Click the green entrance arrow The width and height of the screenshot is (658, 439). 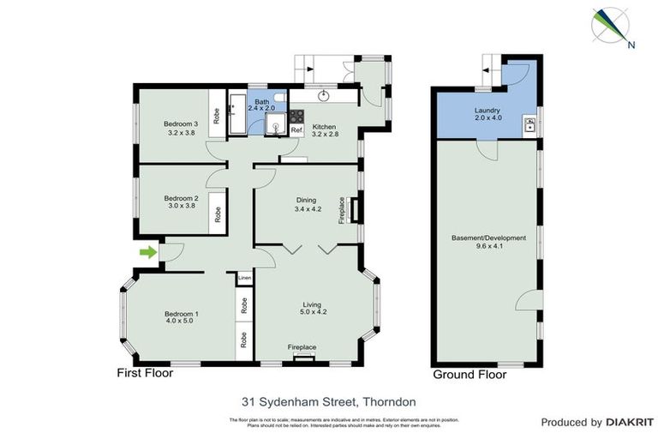(x=148, y=252)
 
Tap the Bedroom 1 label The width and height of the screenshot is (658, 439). (x=182, y=318)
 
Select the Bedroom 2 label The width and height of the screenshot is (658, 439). (x=181, y=202)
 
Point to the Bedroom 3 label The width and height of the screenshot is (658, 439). (x=181, y=128)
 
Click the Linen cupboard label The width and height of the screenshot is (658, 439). (x=245, y=279)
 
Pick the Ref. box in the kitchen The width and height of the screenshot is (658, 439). (x=296, y=129)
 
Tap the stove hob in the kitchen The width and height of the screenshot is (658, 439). (x=296, y=116)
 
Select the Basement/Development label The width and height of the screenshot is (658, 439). (x=488, y=242)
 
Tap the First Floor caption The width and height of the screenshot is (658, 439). (x=145, y=374)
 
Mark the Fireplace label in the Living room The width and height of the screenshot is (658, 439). (x=302, y=346)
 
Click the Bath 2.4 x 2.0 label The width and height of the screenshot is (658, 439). (x=261, y=105)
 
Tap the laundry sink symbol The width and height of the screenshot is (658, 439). (x=530, y=126)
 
